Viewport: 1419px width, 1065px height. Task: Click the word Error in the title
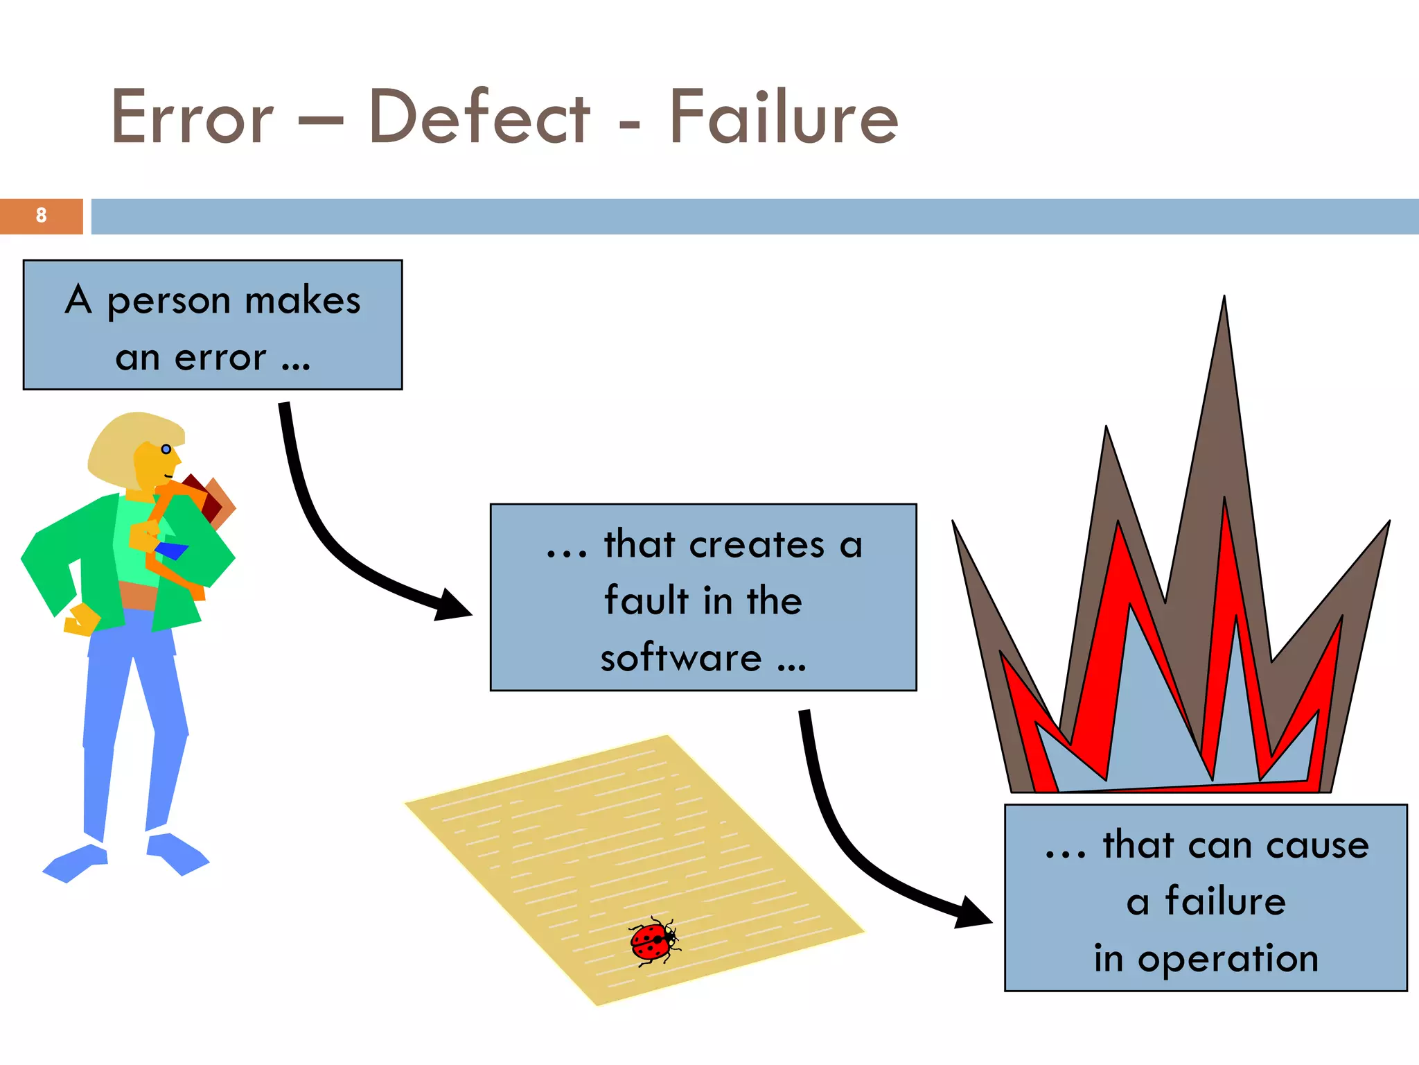point(192,117)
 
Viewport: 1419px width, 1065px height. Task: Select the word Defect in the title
point(479,117)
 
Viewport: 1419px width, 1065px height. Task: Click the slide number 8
point(41,216)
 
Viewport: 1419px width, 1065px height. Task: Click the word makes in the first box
point(303,301)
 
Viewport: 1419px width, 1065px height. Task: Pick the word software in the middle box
point(681,657)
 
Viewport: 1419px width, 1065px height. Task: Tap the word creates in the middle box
point(757,544)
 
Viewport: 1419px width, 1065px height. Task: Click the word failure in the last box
point(1225,901)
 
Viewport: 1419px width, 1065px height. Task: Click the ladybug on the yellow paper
point(653,942)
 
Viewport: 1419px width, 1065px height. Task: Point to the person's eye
point(166,449)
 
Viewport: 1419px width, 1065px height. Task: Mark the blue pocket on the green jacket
point(171,551)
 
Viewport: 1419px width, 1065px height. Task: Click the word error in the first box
point(220,358)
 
